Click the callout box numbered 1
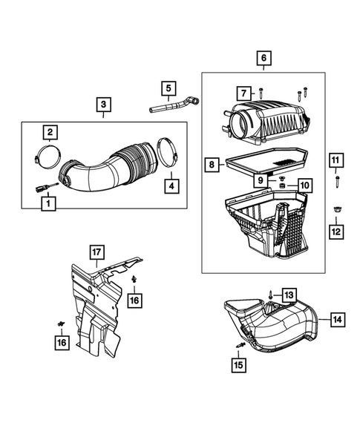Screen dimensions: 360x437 pos(48,203)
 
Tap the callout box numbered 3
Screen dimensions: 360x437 pos(104,105)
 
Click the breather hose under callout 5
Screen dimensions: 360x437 pos(174,105)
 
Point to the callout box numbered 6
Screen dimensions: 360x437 pos(264,59)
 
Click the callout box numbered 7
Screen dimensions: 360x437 pos(244,93)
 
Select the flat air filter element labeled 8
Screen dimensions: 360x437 pos(267,162)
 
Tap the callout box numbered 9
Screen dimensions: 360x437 pos(261,180)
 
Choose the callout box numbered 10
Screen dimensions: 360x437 pos(305,185)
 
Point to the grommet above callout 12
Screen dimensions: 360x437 pos(336,209)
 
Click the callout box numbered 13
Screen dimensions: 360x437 pos(289,295)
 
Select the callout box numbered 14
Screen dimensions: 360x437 pos(338,319)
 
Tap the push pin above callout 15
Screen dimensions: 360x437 pos(240,345)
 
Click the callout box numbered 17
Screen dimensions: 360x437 pos(96,252)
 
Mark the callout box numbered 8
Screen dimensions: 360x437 pos(212,165)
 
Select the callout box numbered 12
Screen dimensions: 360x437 pos(336,231)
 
